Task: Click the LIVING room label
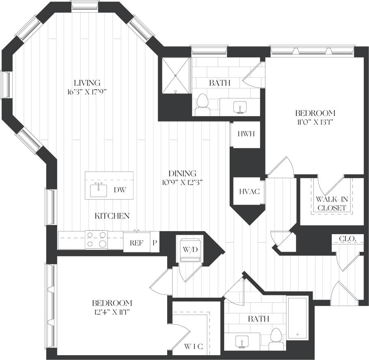85,82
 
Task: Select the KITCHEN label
112,216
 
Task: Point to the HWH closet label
246,134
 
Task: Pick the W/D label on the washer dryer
190,249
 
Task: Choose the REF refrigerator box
136,243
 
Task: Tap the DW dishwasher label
119,190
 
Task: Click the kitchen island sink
98,189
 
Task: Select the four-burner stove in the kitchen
97,240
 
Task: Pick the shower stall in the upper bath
175,76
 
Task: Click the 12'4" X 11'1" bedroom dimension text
112,312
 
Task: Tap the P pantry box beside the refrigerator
155,243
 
